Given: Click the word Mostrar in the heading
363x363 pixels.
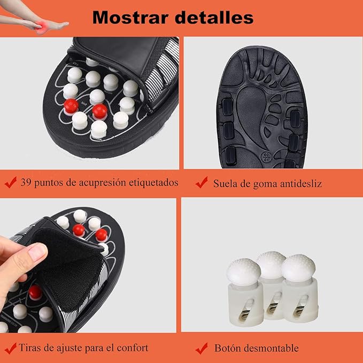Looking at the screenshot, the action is (130, 17).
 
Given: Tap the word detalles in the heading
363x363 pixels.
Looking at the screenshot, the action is (214, 17).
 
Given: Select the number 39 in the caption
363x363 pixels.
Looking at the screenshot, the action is (26, 182).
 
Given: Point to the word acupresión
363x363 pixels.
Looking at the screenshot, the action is (103, 183).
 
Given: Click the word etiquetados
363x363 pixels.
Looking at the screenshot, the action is (153, 183).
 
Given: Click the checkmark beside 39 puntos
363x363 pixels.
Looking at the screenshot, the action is (11, 182).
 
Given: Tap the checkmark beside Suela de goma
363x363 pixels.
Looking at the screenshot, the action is (202, 182).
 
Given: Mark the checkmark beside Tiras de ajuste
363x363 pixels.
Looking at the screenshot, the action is (11, 348).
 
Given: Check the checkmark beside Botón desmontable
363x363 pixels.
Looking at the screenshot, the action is (202, 348).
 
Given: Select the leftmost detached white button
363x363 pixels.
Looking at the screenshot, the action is (245, 292).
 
